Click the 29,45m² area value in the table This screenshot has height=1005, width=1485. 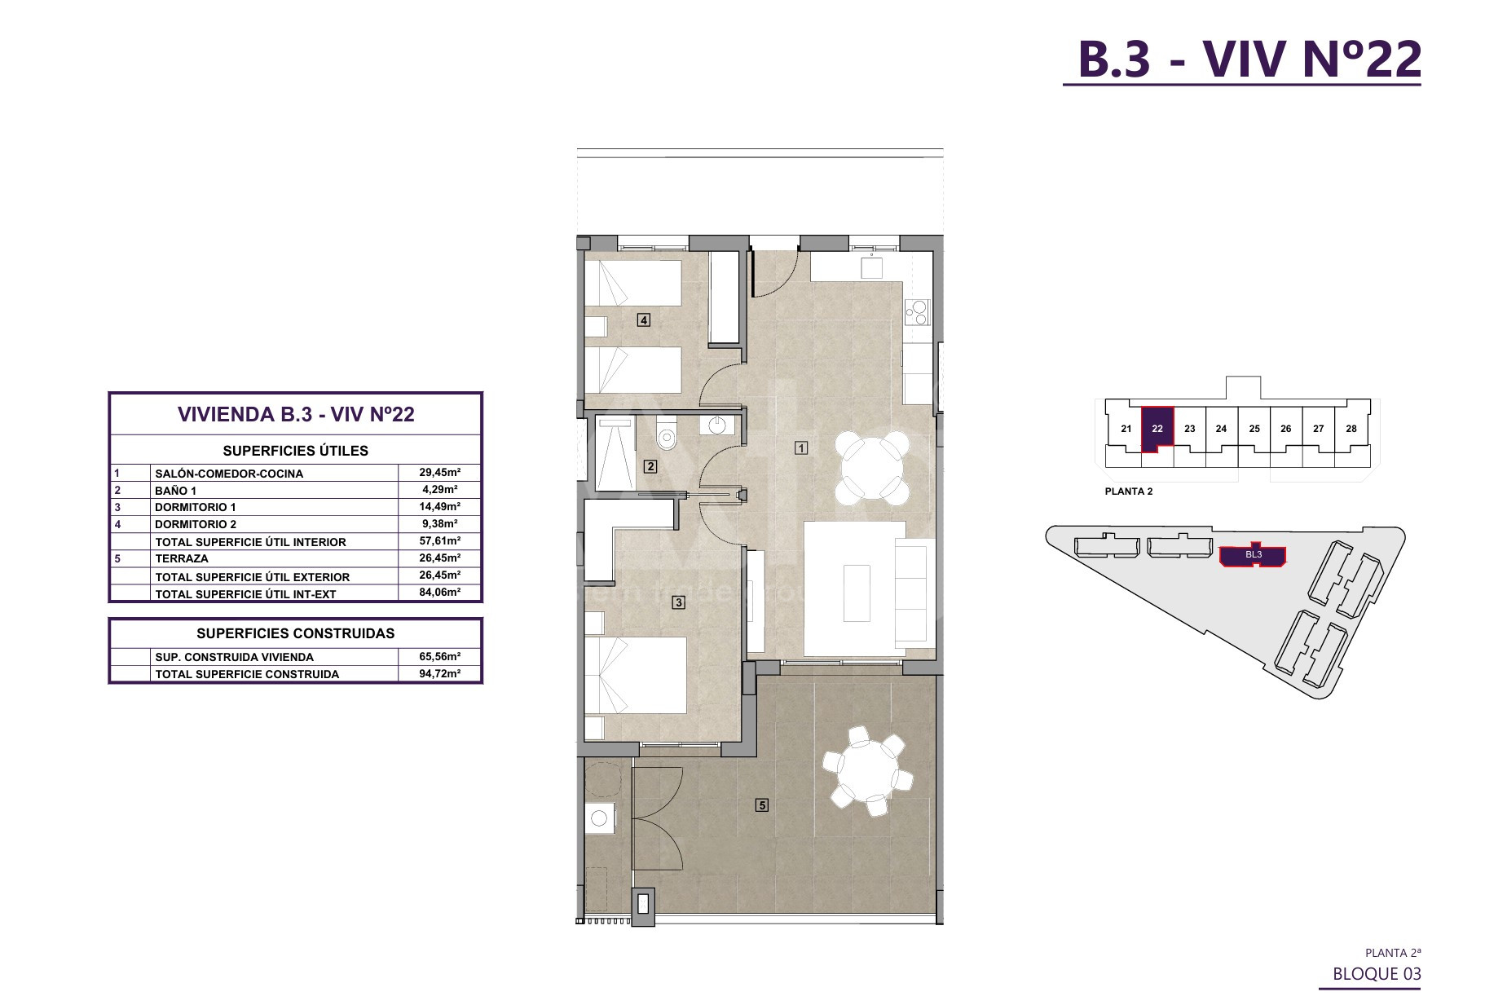point(439,472)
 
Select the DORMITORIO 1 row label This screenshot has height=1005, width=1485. point(196,507)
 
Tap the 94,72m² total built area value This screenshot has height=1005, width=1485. point(439,673)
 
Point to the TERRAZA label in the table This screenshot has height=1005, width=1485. point(182,558)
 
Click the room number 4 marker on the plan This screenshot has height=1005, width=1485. point(644,320)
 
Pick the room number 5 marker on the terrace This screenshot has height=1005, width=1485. point(762,805)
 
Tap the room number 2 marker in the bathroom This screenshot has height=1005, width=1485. point(650,467)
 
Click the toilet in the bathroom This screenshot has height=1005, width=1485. point(667,434)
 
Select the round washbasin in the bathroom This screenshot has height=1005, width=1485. point(717,425)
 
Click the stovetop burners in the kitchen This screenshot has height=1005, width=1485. point(917,312)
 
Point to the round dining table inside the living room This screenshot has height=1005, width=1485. point(871,468)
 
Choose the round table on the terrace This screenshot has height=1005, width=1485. point(868,770)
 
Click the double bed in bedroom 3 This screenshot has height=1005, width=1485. point(636,675)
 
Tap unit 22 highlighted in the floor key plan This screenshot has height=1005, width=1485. point(1157,429)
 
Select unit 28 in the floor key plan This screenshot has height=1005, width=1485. point(1351,429)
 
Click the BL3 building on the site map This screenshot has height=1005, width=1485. point(1253,555)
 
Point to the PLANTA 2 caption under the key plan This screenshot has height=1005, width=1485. point(1129,491)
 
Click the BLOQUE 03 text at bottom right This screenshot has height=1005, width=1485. point(1377,974)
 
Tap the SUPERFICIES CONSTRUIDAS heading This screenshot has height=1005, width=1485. point(296,633)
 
